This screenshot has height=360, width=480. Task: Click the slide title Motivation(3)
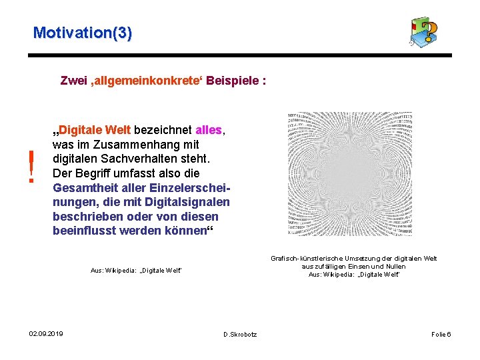coord(83,32)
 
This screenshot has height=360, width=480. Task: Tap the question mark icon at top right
coord(424,32)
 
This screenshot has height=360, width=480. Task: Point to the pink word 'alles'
coord(210,129)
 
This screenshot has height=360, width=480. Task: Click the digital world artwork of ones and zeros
coord(349,174)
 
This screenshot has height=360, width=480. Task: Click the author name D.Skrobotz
coord(240,334)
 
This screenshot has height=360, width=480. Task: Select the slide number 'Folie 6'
coord(441,334)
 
